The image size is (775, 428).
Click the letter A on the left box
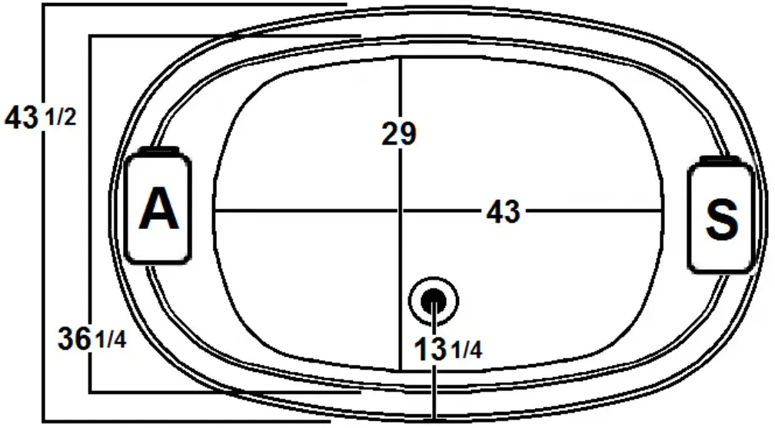[x=159, y=210]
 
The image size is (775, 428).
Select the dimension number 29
[x=399, y=134]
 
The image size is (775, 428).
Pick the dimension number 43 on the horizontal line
[x=503, y=211]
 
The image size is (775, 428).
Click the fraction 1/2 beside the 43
[x=62, y=120]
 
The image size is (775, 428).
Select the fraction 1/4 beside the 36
[x=110, y=339]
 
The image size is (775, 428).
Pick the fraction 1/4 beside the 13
[x=467, y=351]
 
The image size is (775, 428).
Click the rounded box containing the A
[x=158, y=208]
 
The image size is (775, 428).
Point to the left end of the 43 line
[x=215, y=210]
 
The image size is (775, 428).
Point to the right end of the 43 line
[x=662, y=210]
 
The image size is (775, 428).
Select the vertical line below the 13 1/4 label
[x=435, y=392]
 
